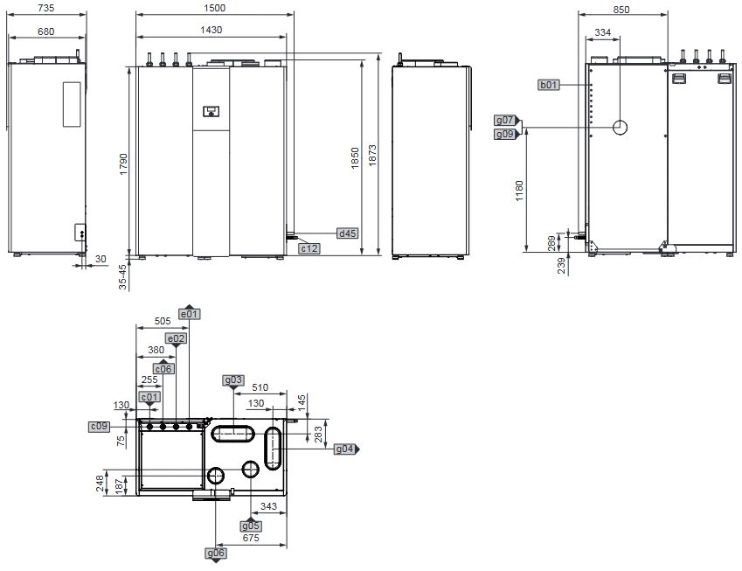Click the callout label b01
(x=549, y=85)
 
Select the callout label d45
(x=348, y=233)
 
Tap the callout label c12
(x=309, y=249)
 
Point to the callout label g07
(x=505, y=120)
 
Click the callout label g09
(x=505, y=134)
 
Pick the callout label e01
(x=189, y=313)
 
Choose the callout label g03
(x=232, y=380)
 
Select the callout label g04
(x=345, y=449)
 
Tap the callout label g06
(x=216, y=553)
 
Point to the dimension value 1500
(x=212, y=8)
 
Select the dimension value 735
(x=47, y=8)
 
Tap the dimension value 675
(x=251, y=539)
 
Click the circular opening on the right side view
(x=620, y=128)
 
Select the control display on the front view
(x=211, y=111)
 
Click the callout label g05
(x=251, y=526)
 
